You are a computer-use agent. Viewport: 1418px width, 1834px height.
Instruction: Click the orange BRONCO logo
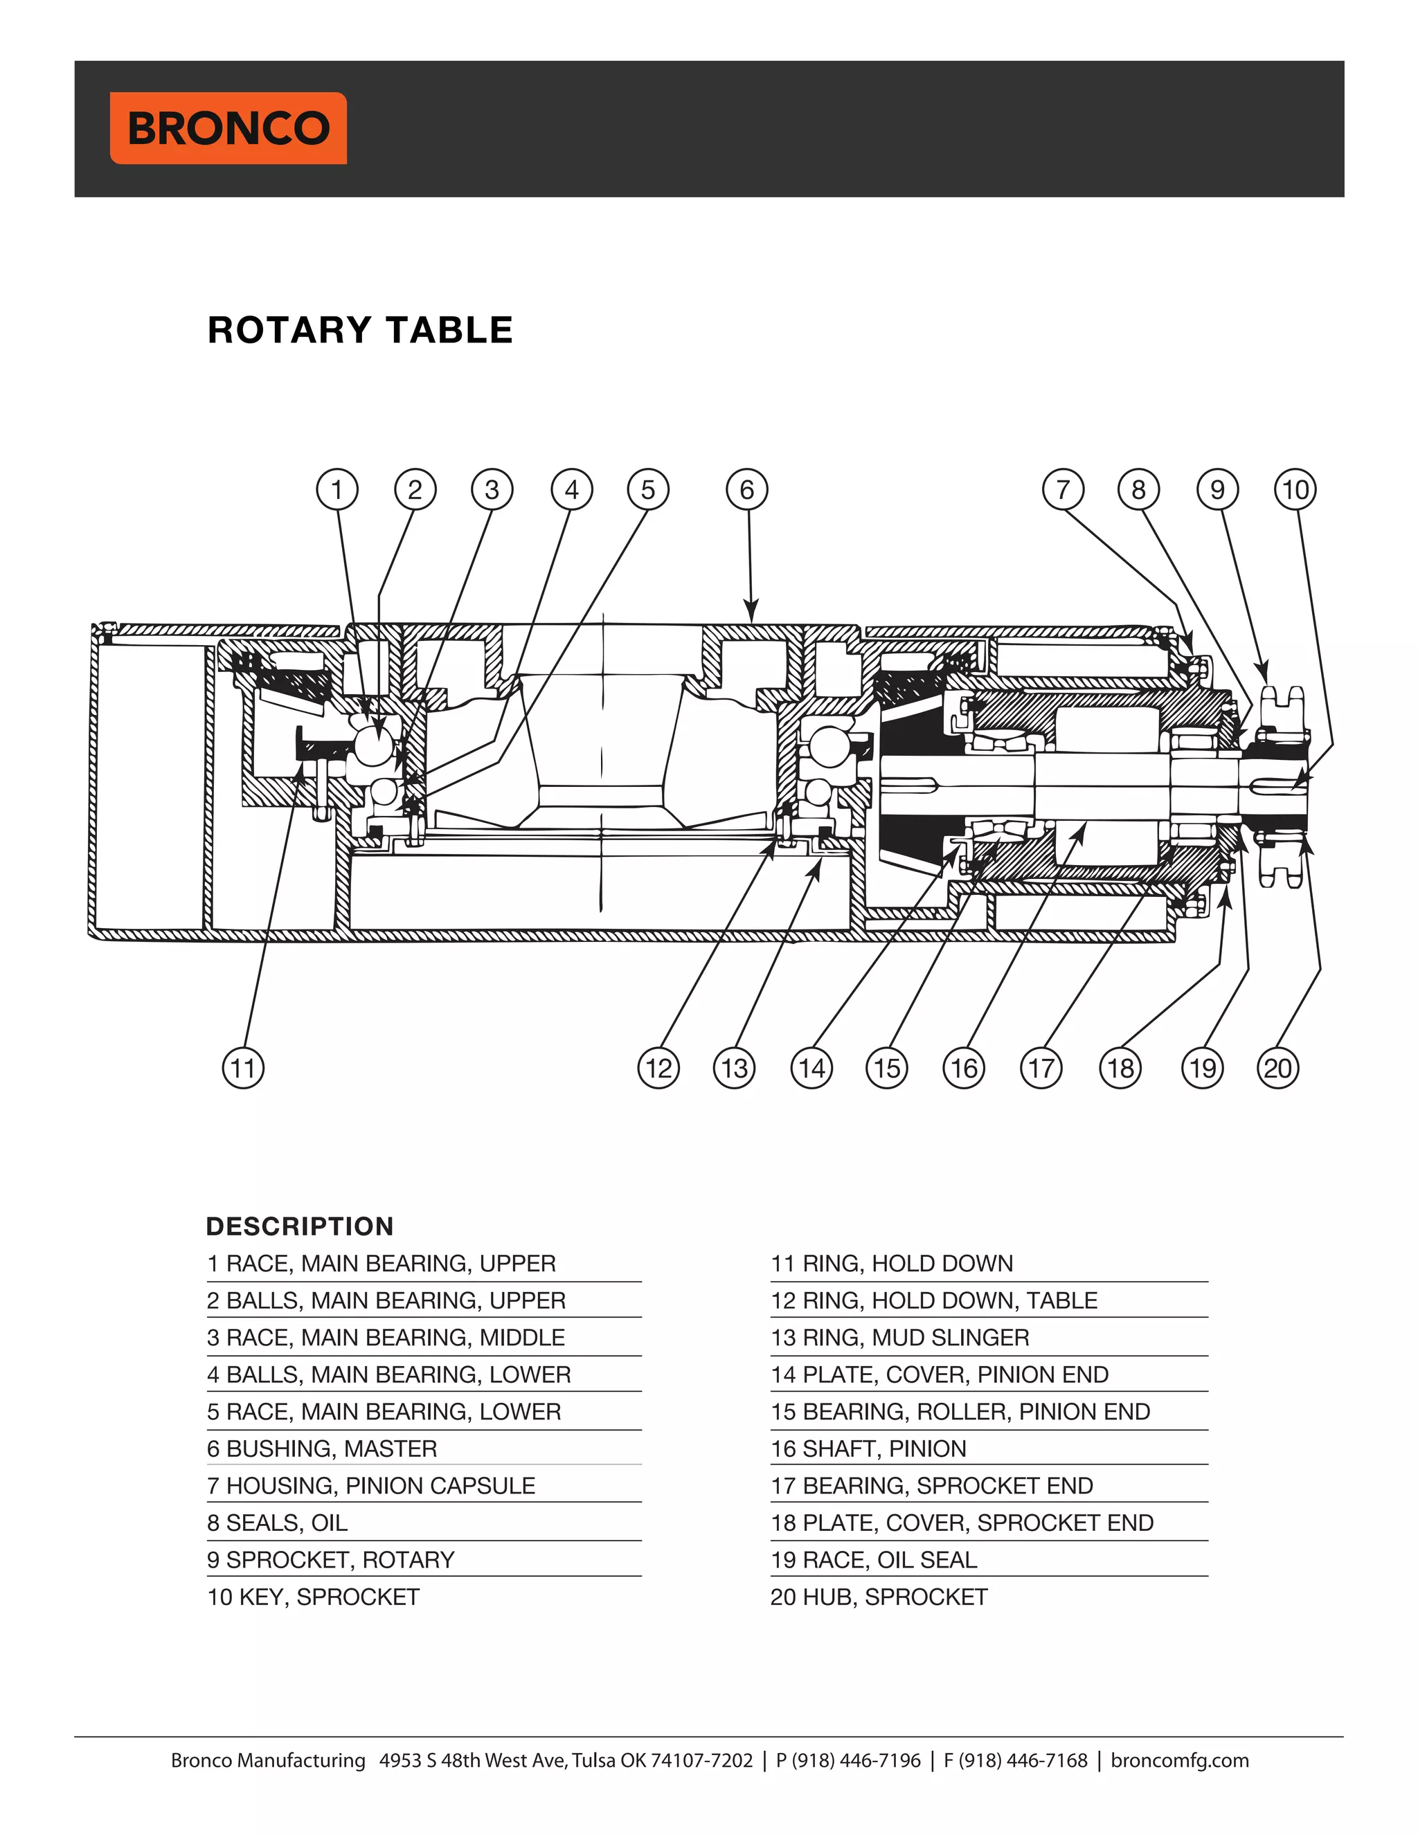point(228,127)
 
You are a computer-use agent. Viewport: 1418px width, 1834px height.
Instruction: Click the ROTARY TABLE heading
point(360,330)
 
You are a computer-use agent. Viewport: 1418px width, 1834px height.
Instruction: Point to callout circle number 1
point(337,489)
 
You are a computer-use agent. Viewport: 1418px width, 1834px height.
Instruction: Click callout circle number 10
point(1295,489)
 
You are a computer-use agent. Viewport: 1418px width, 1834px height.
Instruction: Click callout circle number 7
point(1063,489)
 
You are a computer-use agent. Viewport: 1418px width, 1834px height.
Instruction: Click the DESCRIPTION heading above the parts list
point(300,1226)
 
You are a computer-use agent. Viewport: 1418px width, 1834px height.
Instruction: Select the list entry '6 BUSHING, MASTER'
point(323,1449)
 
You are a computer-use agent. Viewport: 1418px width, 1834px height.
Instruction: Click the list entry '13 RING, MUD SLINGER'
point(899,1338)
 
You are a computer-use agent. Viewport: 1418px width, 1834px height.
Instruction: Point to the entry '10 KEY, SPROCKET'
point(314,1597)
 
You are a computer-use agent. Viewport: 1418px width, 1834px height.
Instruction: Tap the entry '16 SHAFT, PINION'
point(869,1449)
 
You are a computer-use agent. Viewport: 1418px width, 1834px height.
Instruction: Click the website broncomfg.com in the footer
point(1179,1760)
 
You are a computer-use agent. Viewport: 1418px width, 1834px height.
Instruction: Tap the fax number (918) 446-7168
point(1023,1760)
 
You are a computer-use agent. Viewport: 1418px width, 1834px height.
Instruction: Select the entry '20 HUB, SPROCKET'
point(879,1597)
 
